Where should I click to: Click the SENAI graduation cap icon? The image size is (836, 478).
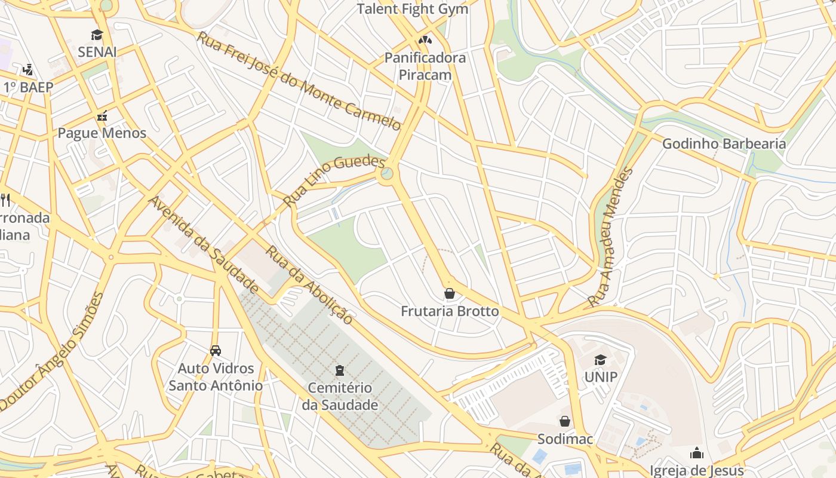pyautogui.click(x=97, y=35)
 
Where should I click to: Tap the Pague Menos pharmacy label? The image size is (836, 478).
pyautogui.click(x=102, y=133)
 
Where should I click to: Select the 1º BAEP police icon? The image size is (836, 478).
pyautogui.click(x=28, y=70)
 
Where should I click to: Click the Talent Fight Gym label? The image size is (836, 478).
pyautogui.click(x=412, y=9)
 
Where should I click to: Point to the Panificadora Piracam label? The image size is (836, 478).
pyautogui.click(x=425, y=66)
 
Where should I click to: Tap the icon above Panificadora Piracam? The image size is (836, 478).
pyautogui.click(x=425, y=41)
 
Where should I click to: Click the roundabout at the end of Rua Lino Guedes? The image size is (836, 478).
pyautogui.click(x=386, y=174)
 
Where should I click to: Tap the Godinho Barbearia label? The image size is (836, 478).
pyautogui.click(x=724, y=143)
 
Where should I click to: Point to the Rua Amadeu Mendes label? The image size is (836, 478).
pyautogui.click(x=610, y=237)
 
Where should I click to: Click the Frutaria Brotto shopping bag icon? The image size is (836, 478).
pyautogui.click(x=450, y=293)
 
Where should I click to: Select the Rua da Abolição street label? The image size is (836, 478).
pyautogui.click(x=309, y=285)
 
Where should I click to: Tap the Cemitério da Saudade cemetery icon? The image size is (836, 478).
pyautogui.click(x=340, y=370)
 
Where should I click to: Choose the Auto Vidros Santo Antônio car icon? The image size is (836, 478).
pyautogui.click(x=215, y=351)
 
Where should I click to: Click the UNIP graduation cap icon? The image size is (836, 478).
pyautogui.click(x=600, y=360)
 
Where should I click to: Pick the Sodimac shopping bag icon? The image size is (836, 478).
pyautogui.click(x=565, y=421)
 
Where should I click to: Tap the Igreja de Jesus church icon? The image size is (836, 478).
pyautogui.click(x=696, y=454)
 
